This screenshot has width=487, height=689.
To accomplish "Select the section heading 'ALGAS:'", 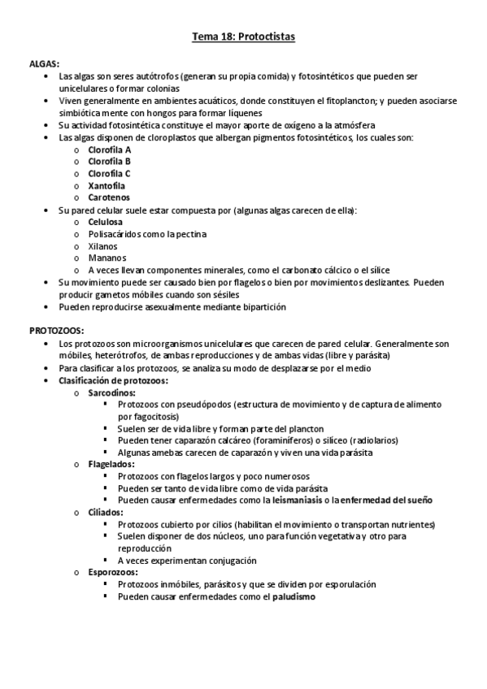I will click(45, 63).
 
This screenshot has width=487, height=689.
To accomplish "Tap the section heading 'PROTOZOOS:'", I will click(56, 331).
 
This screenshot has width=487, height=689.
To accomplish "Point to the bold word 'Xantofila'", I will click(107, 185).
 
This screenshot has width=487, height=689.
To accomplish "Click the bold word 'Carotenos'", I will click(109, 197).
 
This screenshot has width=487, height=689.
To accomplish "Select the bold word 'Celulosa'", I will click(106, 222).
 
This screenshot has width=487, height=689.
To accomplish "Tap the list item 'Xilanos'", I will click(103, 245).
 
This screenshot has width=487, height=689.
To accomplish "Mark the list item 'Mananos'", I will click(105, 258).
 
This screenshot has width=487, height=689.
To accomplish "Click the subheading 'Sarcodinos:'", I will click(112, 392).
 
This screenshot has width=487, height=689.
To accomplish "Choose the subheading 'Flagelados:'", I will click(111, 464).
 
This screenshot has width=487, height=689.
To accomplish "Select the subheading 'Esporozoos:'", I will click(112, 572).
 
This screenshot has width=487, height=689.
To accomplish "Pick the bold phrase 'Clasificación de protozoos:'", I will click(114, 380).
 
